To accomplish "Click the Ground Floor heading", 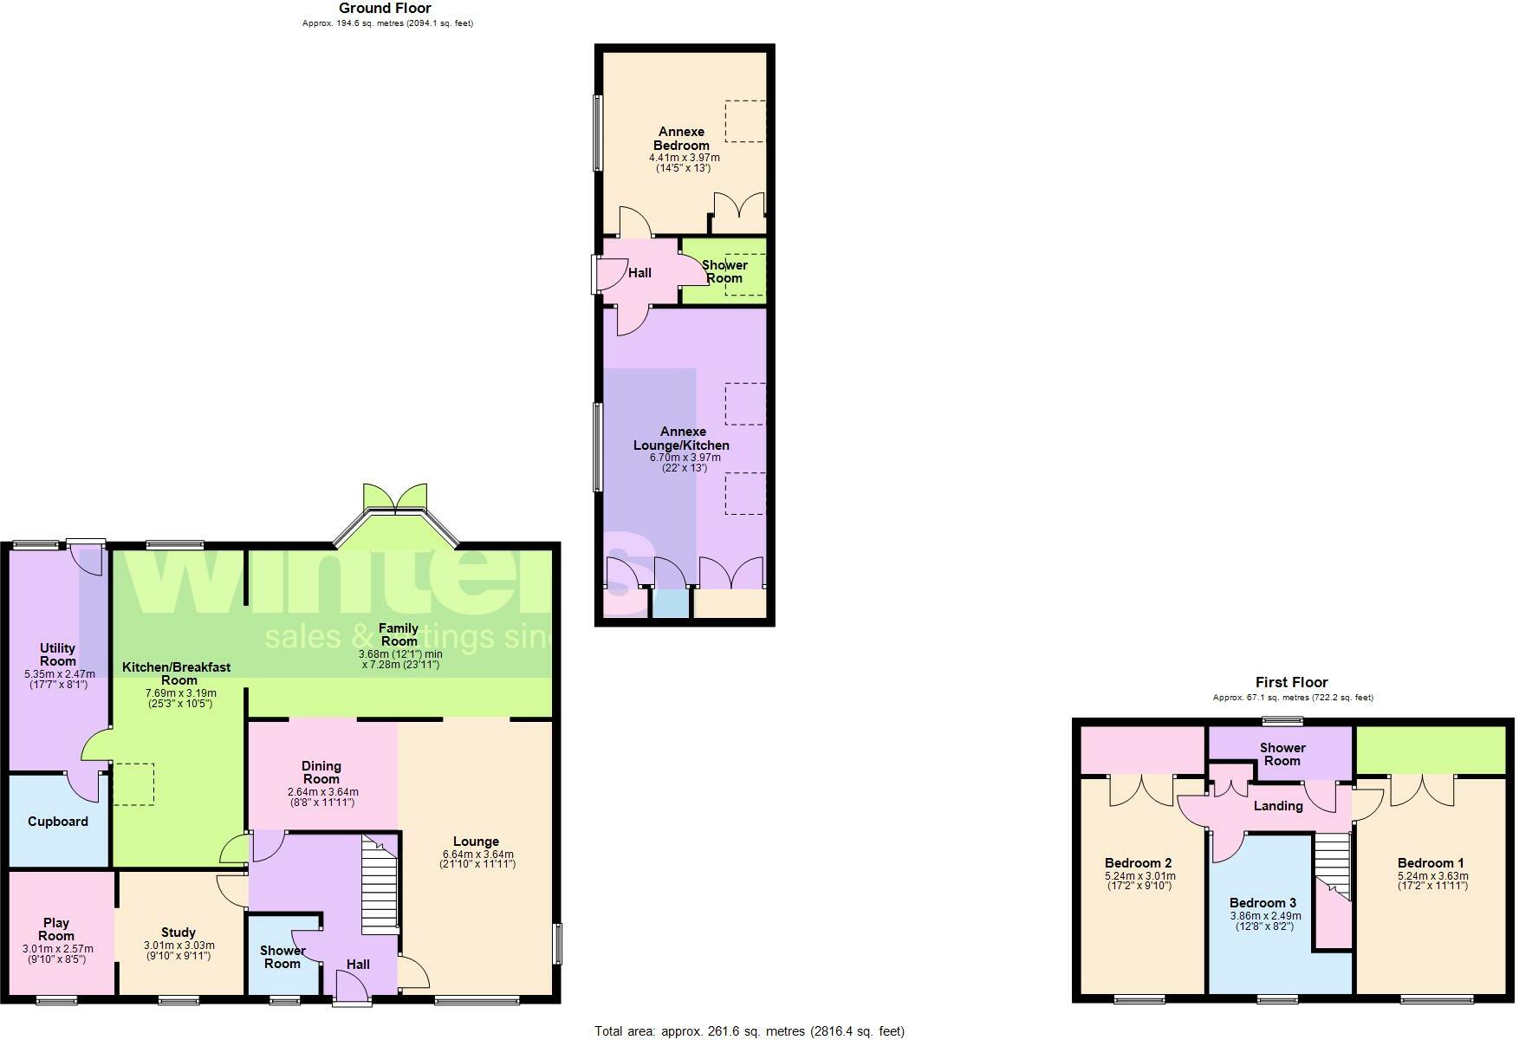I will pos(385,9).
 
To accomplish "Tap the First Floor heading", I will pos(1291,683).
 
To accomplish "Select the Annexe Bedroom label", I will pos(681,139).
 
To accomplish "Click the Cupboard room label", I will pos(58,822).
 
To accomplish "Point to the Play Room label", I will pos(56,929).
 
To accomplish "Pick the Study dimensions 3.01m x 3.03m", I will pos(179,946).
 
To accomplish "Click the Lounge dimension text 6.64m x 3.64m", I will pos(477,855).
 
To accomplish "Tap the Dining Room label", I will pos(321,772).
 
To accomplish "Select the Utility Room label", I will pos(58,654).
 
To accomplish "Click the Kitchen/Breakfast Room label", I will pos(177,673).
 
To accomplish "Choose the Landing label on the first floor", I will pos(1278,806).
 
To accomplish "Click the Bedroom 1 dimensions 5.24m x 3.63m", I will pos(1432,876).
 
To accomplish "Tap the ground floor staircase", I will pos(379,884).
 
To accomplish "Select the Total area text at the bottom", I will pos(749,1031).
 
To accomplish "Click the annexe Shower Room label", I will pos(724,271).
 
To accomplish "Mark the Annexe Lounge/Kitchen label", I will pos(681,438).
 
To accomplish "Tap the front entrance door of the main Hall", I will pos(353,988).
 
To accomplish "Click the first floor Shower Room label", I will pos(1282,754).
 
